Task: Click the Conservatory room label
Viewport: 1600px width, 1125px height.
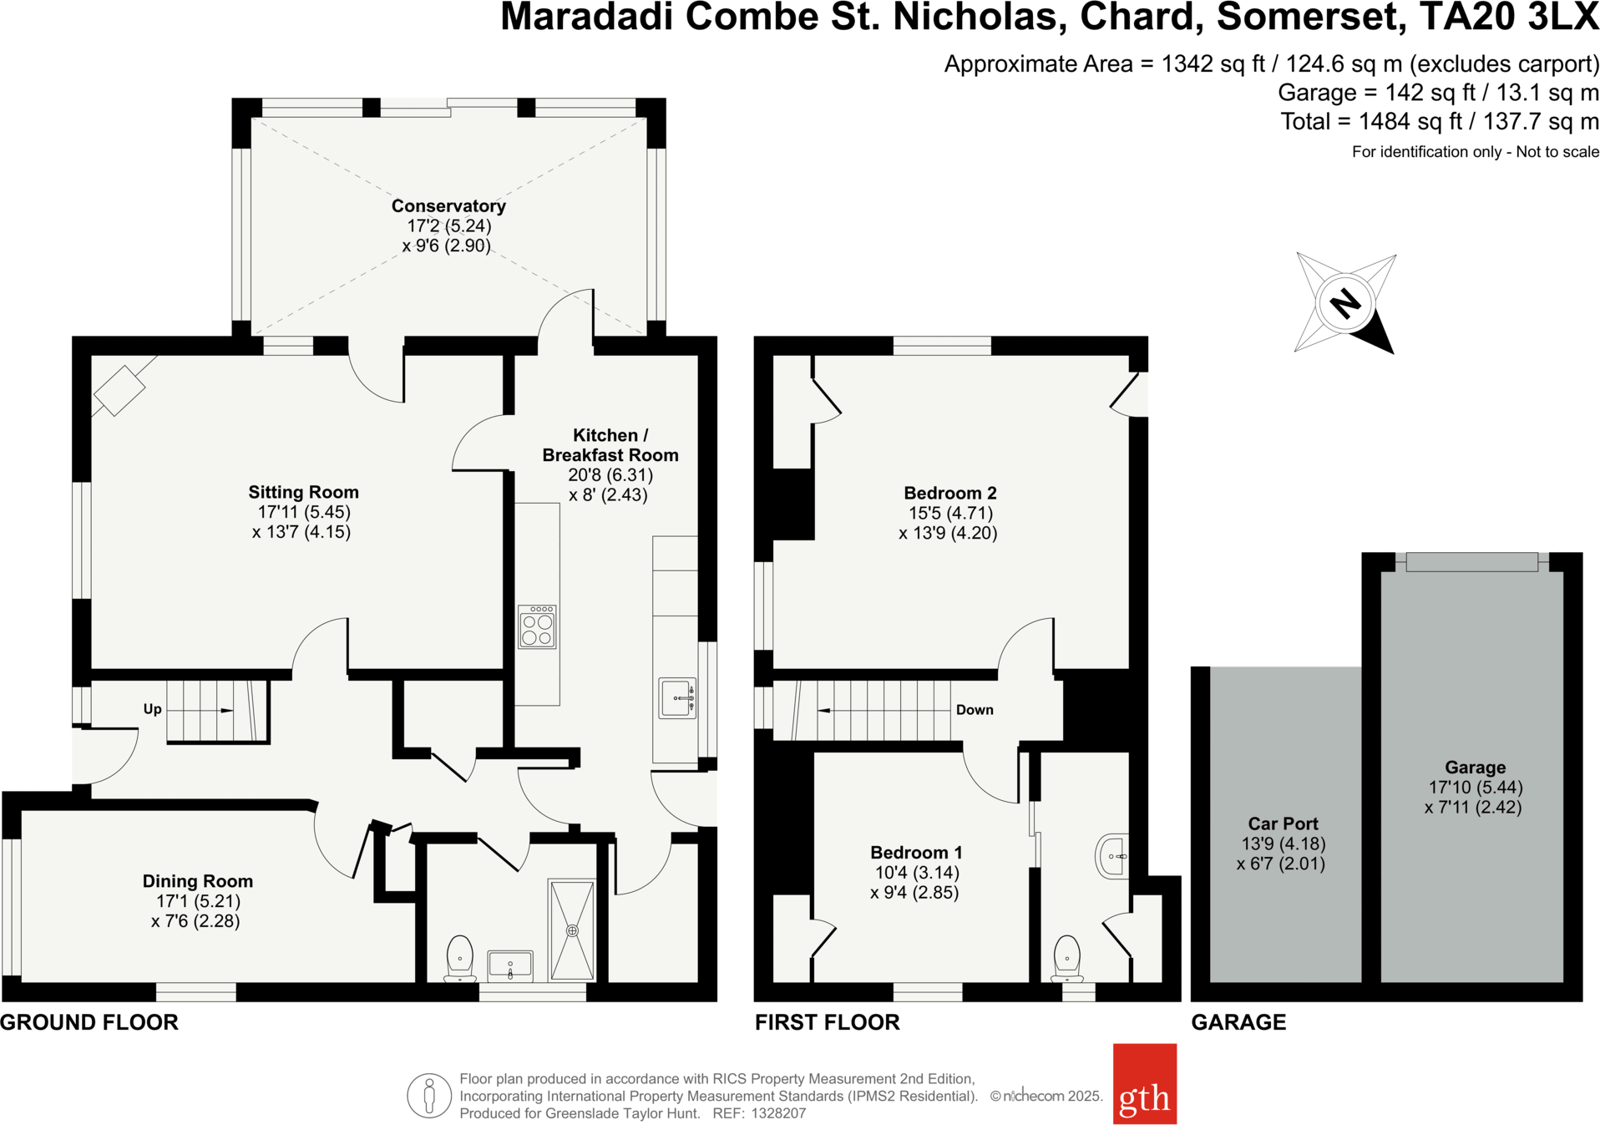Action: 448,205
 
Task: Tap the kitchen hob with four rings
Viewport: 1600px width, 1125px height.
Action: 537,627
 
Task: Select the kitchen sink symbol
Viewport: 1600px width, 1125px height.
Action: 676,697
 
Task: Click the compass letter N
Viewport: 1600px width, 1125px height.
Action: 1344,303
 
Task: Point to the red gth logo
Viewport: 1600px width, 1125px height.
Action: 1144,1083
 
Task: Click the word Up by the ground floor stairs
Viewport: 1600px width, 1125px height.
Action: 152,709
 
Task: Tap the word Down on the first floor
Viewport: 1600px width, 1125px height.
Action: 975,710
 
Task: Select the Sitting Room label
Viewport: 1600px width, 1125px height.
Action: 303,492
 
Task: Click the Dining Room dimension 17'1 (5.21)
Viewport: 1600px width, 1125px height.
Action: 198,901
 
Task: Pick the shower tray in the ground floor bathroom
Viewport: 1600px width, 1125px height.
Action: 572,930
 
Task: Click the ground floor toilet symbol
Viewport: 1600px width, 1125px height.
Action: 459,958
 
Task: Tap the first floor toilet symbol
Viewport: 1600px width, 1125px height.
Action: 1067,958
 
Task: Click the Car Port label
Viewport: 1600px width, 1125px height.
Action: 1283,823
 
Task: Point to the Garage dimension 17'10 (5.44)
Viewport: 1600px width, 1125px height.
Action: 1476,787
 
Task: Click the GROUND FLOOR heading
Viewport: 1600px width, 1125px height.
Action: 89,1022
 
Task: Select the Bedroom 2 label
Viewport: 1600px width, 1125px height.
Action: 949,493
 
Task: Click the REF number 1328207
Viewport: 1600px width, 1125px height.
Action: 778,1113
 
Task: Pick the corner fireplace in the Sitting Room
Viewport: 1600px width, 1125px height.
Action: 119,390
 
